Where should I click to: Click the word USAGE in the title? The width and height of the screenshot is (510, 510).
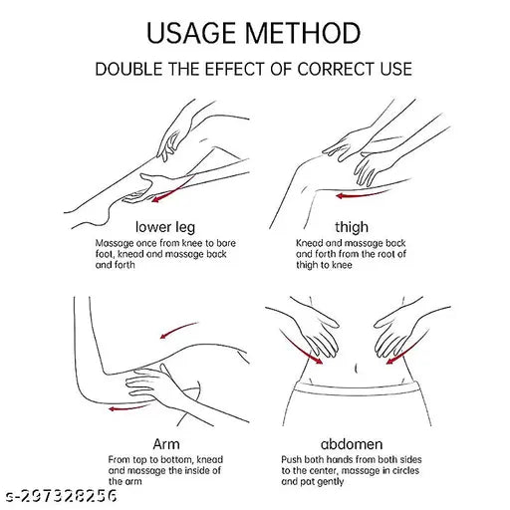click(x=190, y=33)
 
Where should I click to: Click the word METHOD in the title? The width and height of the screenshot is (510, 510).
click(x=303, y=33)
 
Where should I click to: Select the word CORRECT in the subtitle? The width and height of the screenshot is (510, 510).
click(x=336, y=69)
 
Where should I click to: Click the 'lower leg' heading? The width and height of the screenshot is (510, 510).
click(x=165, y=227)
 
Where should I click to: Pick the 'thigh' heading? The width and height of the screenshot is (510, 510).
click(x=352, y=227)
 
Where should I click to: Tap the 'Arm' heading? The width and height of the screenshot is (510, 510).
click(x=166, y=444)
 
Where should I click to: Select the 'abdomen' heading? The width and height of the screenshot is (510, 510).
click(x=352, y=444)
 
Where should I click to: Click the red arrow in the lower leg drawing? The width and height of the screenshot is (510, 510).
click(x=171, y=190)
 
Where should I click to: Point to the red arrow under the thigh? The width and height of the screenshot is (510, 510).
click(x=362, y=195)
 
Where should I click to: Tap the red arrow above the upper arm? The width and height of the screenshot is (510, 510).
click(x=177, y=330)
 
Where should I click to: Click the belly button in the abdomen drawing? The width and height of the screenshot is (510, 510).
click(x=356, y=369)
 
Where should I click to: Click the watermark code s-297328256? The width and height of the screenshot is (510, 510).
click(x=63, y=496)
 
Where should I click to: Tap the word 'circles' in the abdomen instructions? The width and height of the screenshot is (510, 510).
click(x=402, y=470)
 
